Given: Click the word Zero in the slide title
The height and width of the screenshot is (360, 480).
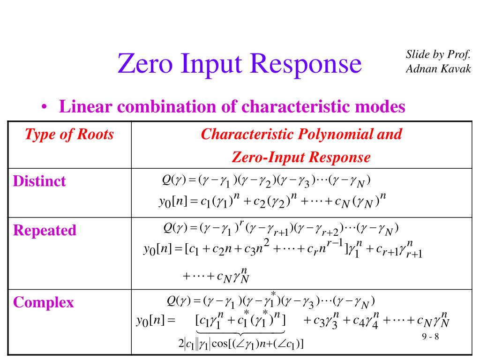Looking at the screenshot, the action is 144,64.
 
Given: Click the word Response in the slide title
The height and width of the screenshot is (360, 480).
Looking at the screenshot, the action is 308,64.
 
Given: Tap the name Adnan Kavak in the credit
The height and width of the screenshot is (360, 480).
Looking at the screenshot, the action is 438,69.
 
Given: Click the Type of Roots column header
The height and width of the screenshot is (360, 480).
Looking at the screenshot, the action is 69,135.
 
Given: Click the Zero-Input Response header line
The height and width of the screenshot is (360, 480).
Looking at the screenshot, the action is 301,157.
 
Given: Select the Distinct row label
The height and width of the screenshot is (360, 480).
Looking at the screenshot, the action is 39,181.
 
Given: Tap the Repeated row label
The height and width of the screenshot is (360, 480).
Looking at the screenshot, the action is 45,231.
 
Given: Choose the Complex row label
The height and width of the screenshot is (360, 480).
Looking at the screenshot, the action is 43,302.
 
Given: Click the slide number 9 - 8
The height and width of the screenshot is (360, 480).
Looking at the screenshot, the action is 430,337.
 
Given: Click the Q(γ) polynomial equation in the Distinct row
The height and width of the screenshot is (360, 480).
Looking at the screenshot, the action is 266,181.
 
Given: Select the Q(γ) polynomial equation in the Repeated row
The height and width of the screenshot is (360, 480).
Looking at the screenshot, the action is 280,229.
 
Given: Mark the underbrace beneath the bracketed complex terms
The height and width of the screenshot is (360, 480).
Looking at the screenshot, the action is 240,333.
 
